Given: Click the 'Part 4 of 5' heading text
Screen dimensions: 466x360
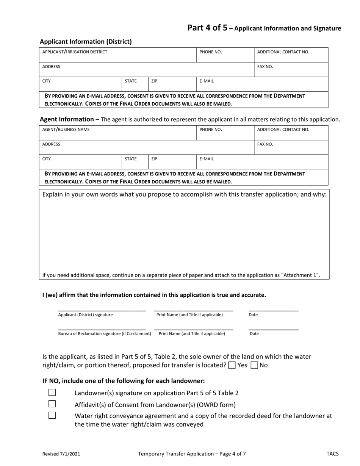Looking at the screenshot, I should (207, 28).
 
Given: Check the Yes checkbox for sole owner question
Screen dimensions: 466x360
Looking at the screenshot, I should (232, 365).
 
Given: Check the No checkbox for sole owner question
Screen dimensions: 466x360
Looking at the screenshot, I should (255, 365).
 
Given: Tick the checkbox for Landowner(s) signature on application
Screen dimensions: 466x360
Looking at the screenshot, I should (52, 393).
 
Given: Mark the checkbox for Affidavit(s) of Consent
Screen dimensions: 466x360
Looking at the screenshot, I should (52, 404).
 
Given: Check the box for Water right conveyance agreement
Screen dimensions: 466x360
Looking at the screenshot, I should (52, 415).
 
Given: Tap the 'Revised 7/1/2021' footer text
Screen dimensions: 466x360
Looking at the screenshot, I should (61, 453).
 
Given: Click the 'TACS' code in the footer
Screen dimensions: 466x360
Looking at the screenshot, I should (332, 453).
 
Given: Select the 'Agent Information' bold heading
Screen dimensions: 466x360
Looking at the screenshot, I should (67, 119).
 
